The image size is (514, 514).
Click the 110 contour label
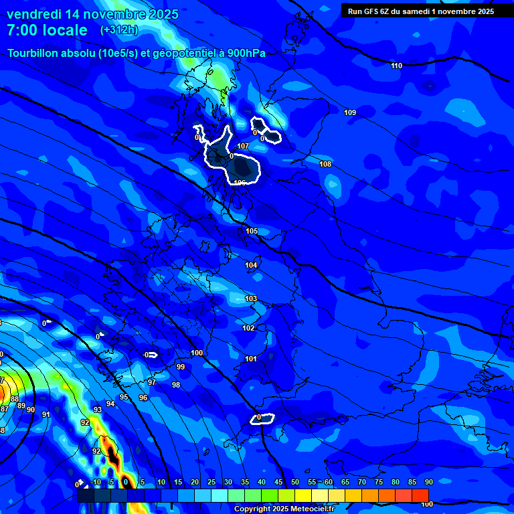(x=397, y=66)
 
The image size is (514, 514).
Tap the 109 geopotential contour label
(x=350, y=112)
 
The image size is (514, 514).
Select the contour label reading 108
(x=325, y=164)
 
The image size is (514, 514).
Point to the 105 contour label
(x=252, y=231)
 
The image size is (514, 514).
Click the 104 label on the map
(x=251, y=266)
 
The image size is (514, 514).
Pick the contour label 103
(x=251, y=298)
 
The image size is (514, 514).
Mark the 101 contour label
(x=251, y=359)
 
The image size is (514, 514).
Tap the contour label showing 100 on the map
(x=197, y=353)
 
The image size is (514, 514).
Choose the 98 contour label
(x=176, y=385)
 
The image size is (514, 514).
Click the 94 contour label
(x=110, y=404)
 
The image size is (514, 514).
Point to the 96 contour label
(x=143, y=398)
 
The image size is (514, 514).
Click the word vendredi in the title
(x=33, y=14)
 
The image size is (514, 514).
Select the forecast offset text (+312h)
(x=118, y=30)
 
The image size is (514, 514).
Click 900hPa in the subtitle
(x=246, y=54)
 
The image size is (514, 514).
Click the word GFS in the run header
(x=371, y=11)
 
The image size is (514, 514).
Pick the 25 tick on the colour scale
(x=211, y=482)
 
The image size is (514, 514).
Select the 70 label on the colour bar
(x=362, y=482)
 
